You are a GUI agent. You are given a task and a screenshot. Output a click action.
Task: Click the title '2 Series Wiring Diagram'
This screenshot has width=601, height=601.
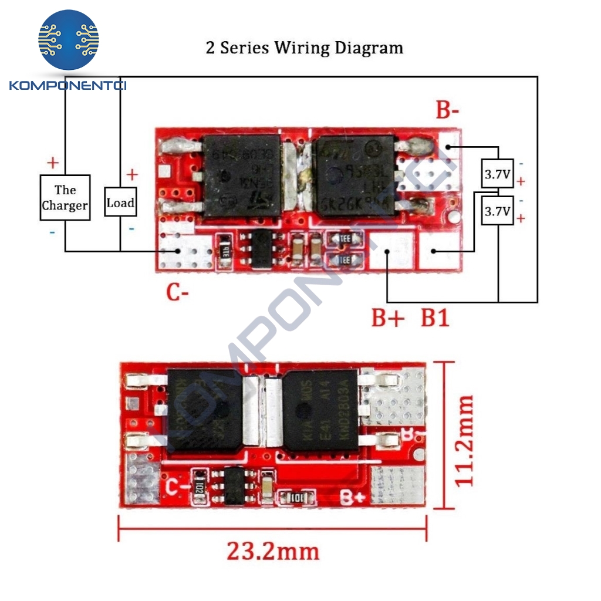tap(304, 48)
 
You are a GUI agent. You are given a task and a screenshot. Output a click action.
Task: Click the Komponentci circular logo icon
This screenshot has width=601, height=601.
tap(69, 40)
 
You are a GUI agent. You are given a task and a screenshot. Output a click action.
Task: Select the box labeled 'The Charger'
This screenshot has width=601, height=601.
tap(65, 198)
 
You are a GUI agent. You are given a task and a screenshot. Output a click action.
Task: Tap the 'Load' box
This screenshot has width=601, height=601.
tap(120, 203)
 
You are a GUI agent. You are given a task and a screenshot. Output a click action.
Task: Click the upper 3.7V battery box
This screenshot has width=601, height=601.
tap(497, 174)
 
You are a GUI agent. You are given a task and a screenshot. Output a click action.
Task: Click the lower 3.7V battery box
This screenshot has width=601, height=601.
tap(497, 211)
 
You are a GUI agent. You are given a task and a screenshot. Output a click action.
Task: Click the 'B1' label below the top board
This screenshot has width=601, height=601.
tap(435, 318)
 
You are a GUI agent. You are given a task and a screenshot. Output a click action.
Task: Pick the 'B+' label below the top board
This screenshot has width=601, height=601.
tap(388, 318)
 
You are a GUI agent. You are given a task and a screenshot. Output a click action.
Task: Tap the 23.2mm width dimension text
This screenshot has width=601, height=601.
tap(273, 551)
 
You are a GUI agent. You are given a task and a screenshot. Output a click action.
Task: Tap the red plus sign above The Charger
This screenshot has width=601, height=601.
tap(53, 162)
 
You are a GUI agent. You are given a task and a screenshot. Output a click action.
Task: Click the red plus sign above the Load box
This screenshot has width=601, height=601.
tap(132, 174)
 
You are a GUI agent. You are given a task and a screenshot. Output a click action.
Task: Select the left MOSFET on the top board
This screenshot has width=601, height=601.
tap(241, 175)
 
